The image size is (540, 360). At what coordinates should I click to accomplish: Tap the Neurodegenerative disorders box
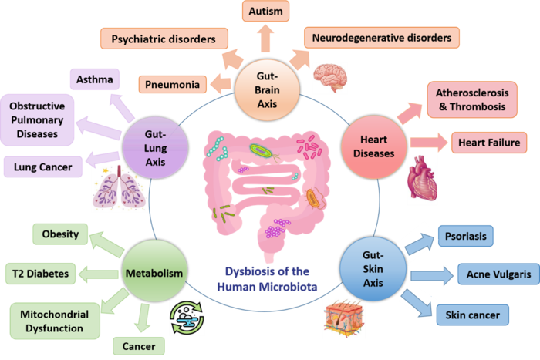coord(381,36)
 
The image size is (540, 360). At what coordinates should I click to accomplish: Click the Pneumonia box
coord(172,83)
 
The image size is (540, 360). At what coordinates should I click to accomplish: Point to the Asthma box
coord(95,79)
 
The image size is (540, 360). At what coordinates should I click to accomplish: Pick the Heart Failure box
coord(489,143)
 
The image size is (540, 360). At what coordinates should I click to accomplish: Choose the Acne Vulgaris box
coord(492,274)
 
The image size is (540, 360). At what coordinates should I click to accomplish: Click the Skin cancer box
coord(473,315)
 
